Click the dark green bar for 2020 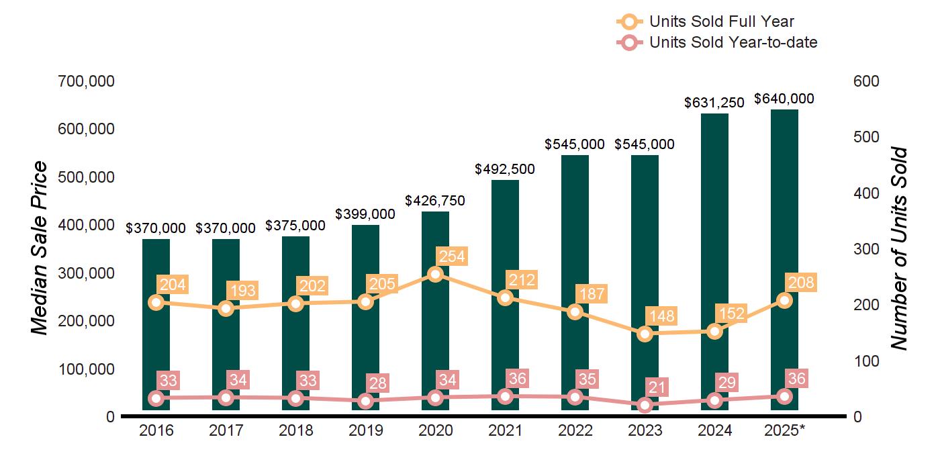point(435,336)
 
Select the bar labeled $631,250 point(714,235)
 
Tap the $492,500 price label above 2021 point(505,169)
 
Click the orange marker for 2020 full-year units point(435,274)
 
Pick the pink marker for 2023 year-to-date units point(645,405)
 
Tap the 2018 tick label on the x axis point(295,430)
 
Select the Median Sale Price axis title point(40,248)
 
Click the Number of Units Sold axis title point(898,248)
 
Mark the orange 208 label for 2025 point(801,283)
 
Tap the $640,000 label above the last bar point(784,99)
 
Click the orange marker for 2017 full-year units point(226,308)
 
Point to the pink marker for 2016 point(156,398)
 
